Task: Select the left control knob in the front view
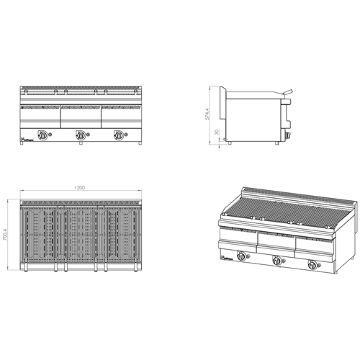pos(43,133)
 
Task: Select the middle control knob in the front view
pos(81,133)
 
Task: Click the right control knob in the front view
pos(117,133)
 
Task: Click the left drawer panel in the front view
pos(40,114)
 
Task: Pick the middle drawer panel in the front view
pos(80,114)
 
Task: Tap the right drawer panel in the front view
pos(120,114)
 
